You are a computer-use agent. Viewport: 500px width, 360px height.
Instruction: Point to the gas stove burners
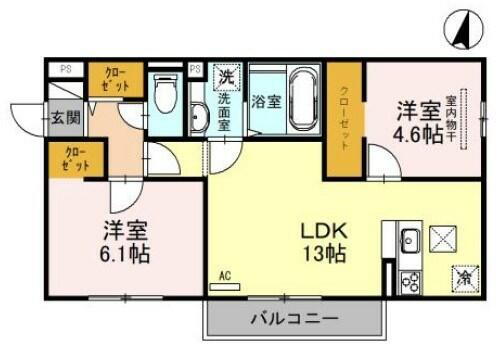(409, 281)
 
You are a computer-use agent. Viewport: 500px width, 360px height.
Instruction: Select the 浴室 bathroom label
(265, 101)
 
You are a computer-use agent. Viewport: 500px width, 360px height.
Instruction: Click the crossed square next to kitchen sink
(442, 241)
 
